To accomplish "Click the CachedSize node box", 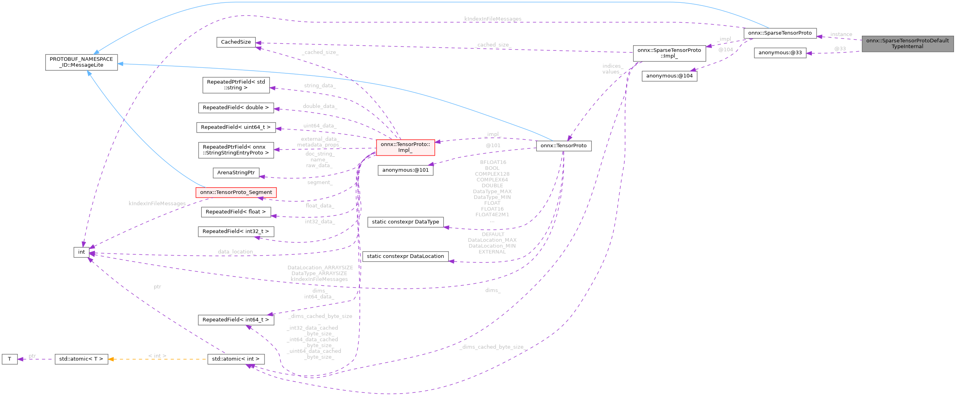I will (236, 42).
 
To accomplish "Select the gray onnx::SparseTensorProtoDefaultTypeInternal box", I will (907, 44).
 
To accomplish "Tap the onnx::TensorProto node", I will (563, 146).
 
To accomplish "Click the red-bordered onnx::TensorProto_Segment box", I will (236, 192).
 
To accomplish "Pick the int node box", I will (81, 252).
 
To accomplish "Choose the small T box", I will (10, 359).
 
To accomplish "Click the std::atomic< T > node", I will (81, 359).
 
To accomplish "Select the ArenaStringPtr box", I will (236, 173).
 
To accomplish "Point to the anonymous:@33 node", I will (780, 53).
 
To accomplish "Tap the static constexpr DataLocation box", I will (405, 256).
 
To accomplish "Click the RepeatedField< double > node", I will (236, 108).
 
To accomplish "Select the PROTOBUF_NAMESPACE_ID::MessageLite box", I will (81, 62).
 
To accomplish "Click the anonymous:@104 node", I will (669, 76).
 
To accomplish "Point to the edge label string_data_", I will (320, 86).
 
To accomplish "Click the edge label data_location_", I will (237, 252).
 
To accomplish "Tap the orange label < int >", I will (157, 356).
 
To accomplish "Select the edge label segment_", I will (320, 183).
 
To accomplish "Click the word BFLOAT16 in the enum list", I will (493, 162).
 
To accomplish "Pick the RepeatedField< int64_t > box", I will (236, 320).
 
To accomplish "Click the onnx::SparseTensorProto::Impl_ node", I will (669, 53).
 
